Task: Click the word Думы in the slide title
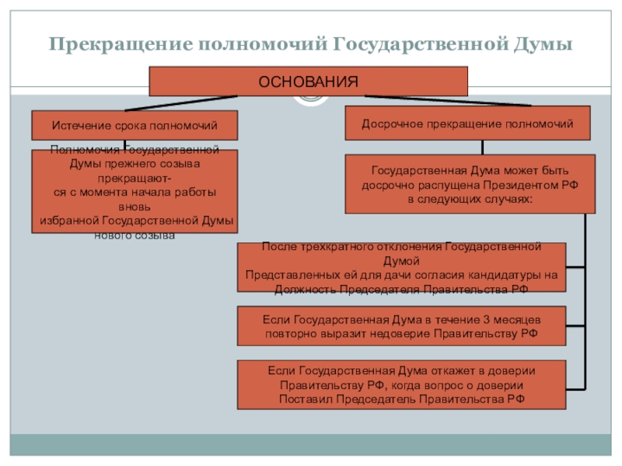pos(543,44)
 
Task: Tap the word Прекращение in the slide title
pos(121,44)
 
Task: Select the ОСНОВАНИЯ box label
pos(308,82)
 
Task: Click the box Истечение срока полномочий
pos(135,125)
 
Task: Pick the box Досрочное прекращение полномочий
pos(467,123)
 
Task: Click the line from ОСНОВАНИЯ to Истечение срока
pos(181,103)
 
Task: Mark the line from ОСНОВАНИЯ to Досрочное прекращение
pos(448,101)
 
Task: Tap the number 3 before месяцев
pos(487,319)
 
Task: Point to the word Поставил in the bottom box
pos(306,398)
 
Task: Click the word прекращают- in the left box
pos(135,179)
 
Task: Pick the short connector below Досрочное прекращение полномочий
pos(482,148)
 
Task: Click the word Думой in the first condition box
pos(401,261)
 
